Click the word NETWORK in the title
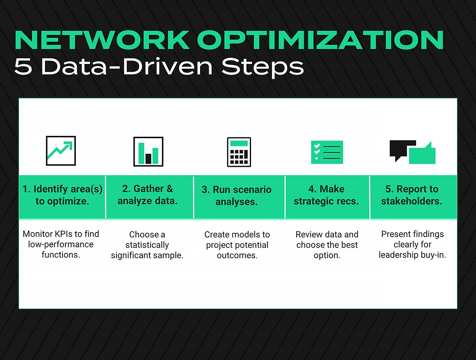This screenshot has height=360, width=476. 102,40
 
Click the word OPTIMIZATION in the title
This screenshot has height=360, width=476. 321,40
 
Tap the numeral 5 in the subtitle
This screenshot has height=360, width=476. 23,67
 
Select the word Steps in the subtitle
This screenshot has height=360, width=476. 263,67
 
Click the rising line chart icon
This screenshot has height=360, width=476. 61,151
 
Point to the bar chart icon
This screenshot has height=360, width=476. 148,152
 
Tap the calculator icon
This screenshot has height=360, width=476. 239,152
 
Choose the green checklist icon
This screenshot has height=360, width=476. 327,152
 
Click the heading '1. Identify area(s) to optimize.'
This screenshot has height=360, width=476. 62,195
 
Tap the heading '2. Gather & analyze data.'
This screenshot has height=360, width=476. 148,195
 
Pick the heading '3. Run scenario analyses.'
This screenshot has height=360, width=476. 237,196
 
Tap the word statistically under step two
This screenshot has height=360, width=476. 147,245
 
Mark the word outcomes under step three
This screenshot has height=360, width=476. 237,256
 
